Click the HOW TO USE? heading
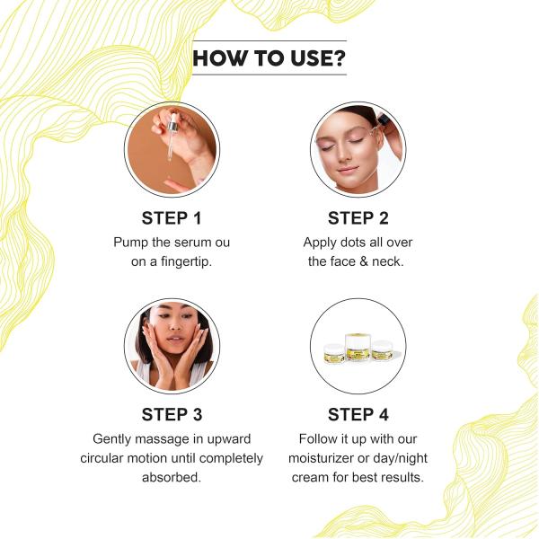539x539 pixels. click(x=269, y=58)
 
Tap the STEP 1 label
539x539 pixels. click(x=172, y=218)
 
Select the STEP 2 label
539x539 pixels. click(x=358, y=218)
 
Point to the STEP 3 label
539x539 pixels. click(x=172, y=414)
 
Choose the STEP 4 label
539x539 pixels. click(x=358, y=414)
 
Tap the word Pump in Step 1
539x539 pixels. click(x=131, y=243)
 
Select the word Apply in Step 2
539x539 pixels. click(x=321, y=243)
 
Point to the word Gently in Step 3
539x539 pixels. click(x=114, y=438)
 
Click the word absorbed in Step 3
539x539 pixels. click(x=172, y=477)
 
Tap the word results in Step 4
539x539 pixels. click(x=401, y=477)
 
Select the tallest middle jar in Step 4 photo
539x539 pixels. click(x=358, y=346)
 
